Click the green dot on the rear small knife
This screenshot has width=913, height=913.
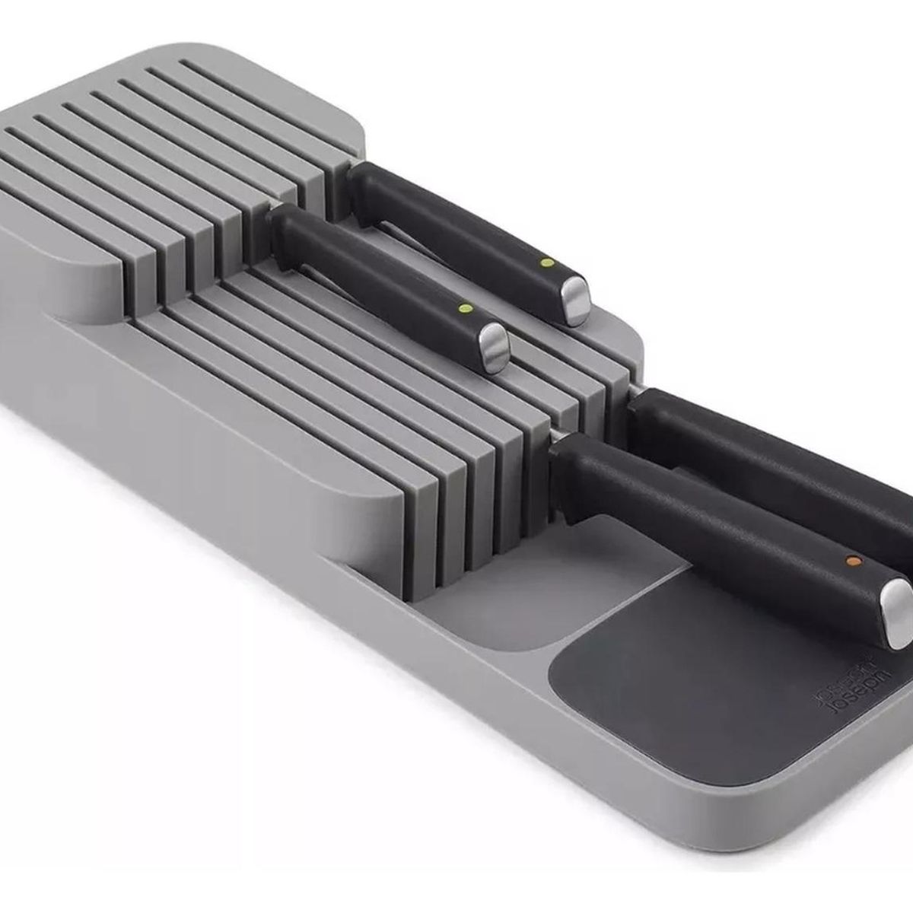pyautogui.click(x=545, y=262)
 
